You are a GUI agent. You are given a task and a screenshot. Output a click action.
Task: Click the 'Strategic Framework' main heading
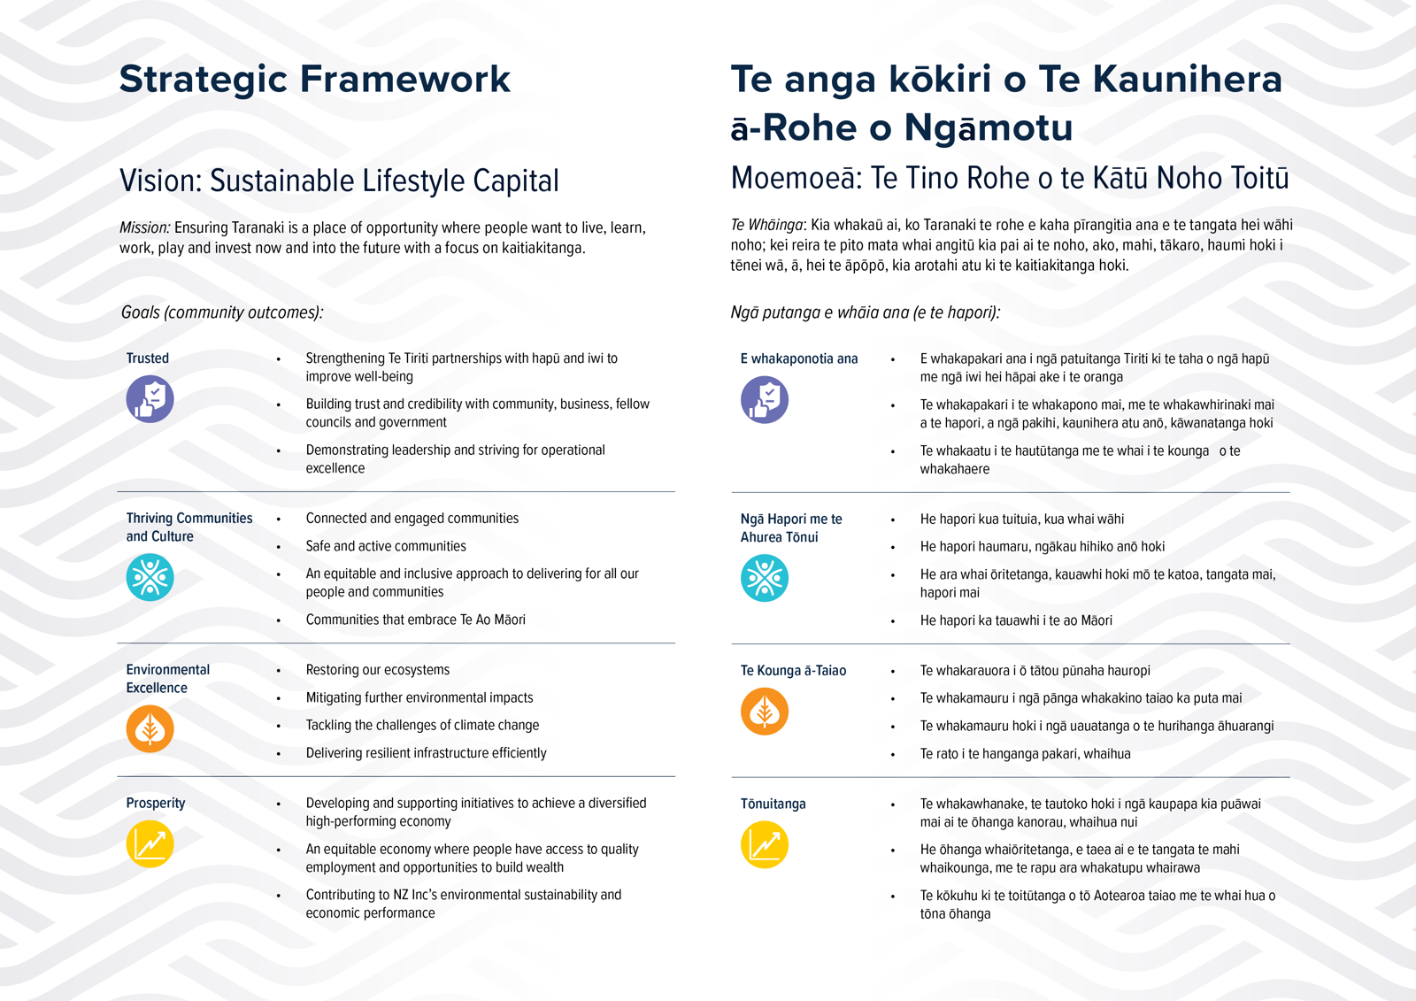point(314,79)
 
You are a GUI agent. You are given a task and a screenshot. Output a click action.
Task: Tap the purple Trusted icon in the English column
point(150,399)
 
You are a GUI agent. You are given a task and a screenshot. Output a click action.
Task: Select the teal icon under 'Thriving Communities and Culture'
point(150,577)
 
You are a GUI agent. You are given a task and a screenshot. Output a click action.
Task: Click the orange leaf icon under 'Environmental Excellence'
point(150,728)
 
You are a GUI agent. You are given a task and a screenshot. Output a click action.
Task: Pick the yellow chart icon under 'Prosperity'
point(150,843)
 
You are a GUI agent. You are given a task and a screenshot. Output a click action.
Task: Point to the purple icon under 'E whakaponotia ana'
point(765,400)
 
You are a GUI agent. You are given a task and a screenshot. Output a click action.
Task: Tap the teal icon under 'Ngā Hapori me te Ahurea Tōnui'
point(765,578)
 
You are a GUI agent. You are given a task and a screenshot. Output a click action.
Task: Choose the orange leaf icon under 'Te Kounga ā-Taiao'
point(765,712)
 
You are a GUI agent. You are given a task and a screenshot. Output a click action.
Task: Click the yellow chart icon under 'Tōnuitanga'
point(765,844)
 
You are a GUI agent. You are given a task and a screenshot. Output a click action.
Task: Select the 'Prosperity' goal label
point(156,803)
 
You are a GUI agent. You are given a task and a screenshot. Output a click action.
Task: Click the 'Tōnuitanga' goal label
point(773,804)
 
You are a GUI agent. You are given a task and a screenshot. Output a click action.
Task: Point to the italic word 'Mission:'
point(145,228)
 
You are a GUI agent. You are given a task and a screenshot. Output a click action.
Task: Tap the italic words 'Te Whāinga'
point(767,225)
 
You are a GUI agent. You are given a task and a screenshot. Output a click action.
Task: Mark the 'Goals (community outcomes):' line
point(222,312)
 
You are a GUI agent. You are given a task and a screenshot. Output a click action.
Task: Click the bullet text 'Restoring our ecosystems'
point(378,670)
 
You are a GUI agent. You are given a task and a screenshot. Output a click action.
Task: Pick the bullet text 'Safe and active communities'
point(386,546)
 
